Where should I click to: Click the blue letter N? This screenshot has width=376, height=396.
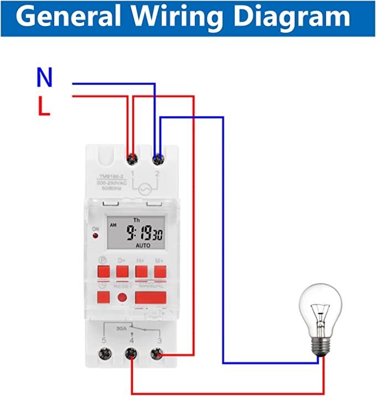coord(44,78)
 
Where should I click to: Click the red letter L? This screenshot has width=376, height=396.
coord(44,107)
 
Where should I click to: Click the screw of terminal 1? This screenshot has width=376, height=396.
coord(132,160)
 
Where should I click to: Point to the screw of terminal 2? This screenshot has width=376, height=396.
coord(158,160)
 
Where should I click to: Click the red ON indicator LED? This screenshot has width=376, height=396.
coord(95,237)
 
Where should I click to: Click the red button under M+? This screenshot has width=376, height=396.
coord(160,271)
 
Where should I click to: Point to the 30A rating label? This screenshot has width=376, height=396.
coord(122,327)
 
